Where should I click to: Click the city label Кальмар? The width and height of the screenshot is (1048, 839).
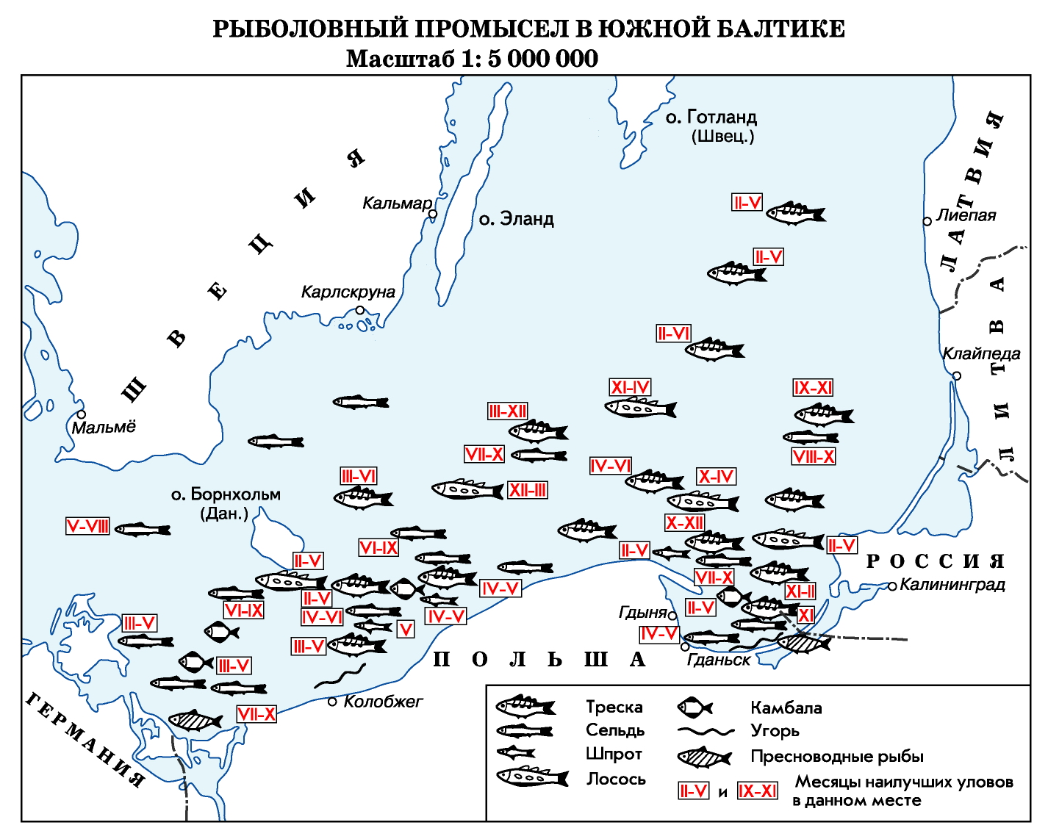point(397,204)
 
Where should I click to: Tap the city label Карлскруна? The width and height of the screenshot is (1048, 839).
point(348,292)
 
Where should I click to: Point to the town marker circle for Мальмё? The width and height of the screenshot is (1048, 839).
point(82,414)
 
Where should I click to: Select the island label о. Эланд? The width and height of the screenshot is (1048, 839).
point(516,219)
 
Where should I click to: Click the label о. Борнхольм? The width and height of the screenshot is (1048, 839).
point(226,494)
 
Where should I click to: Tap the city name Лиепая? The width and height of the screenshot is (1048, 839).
point(966,215)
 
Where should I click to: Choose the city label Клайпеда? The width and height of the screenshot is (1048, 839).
point(981,353)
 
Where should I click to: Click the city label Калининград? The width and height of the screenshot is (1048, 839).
point(952,585)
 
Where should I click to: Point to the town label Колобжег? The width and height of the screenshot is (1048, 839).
point(383,702)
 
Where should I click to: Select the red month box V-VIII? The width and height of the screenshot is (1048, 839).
point(87,526)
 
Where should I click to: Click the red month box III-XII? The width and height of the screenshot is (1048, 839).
point(508,411)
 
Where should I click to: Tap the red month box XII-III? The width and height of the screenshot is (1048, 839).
point(528,490)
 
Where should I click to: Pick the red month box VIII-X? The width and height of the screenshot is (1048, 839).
point(814,456)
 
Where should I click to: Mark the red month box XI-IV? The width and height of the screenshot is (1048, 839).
point(631,387)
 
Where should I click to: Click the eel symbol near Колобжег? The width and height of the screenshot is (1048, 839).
point(340,677)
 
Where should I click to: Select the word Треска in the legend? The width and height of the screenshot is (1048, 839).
point(614,707)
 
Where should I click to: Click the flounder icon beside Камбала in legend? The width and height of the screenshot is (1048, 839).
point(695,707)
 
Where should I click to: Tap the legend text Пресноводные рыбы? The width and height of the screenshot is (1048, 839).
point(836,756)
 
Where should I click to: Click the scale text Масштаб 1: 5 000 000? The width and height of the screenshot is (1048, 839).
point(472,59)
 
